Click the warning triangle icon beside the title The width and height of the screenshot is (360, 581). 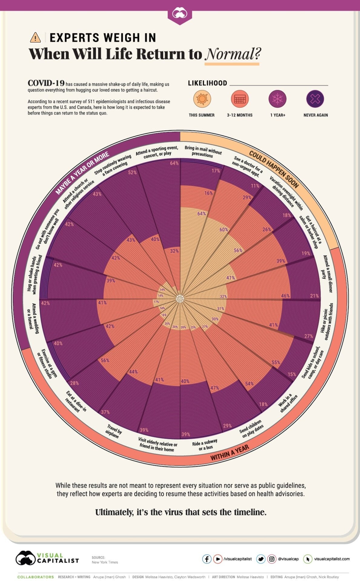pos(35,38)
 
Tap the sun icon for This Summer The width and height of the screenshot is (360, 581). pos(202,99)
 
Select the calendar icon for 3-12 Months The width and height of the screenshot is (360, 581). pos(240,99)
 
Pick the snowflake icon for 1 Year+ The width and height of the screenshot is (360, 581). pos(277,99)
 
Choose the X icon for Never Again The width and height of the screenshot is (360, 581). pos(315,99)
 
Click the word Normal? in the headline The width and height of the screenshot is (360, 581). pos(233,54)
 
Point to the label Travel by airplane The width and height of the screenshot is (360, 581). pos(114,431)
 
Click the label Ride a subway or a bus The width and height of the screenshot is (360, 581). pos(205,445)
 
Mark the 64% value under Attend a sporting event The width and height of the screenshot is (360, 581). pos(174,163)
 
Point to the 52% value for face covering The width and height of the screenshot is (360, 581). pos(132,172)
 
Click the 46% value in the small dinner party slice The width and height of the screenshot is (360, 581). pos(285,296)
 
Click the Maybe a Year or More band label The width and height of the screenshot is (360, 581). pos(82,173)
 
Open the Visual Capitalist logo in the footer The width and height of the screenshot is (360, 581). pos(47,558)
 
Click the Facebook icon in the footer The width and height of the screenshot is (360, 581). pos(207,559)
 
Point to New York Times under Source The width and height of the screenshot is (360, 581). pos(105,562)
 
